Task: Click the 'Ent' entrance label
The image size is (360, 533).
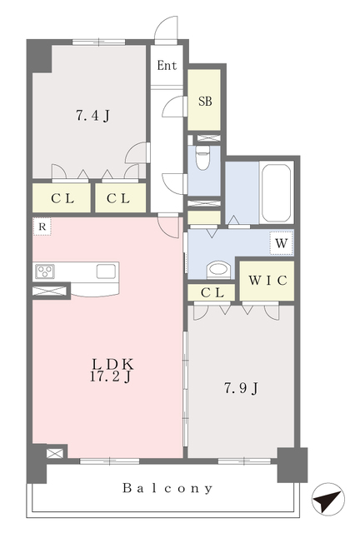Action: click(x=167, y=65)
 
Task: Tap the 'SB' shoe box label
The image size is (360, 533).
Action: click(x=205, y=101)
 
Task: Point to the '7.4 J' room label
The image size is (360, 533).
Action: click(x=92, y=116)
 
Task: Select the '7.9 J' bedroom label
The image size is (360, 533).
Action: click(x=241, y=388)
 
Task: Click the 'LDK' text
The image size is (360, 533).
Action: click(x=112, y=365)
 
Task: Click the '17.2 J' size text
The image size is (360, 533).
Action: click(x=111, y=376)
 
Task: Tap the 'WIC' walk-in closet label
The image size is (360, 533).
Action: click(x=267, y=281)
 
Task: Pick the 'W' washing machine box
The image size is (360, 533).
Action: click(x=281, y=243)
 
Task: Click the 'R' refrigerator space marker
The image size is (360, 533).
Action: click(x=42, y=227)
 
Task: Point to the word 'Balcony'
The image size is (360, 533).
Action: click(x=167, y=488)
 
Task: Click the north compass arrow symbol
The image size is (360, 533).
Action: click(x=327, y=499)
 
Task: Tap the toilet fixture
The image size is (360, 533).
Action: click(x=202, y=158)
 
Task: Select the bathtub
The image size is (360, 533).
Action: click(x=277, y=192)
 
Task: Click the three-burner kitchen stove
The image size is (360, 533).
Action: click(x=45, y=271)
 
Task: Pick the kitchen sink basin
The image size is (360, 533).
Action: click(x=106, y=271)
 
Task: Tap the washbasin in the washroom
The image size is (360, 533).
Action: click(x=218, y=270)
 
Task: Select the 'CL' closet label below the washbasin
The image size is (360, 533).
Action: click(x=212, y=292)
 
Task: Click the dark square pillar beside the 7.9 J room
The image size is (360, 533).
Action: click(x=292, y=465)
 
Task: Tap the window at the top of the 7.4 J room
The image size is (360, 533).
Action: click(x=98, y=42)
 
